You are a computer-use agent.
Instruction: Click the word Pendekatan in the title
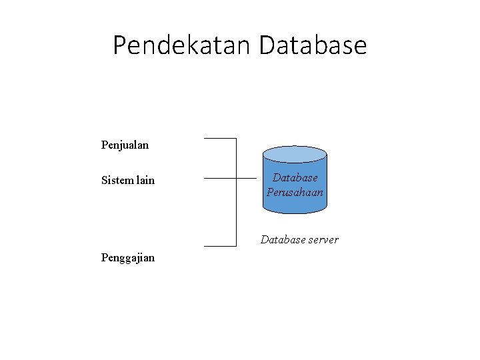[x=182, y=45]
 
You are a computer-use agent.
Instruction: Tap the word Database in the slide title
[x=312, y=45]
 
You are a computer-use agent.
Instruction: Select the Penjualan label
[x=125, y=145]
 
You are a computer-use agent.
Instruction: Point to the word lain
[x=145, y=180]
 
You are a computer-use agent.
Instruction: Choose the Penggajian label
[x=128, y=257]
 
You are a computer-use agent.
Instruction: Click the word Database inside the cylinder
[x=295, y=179]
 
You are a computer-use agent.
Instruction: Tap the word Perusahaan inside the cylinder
[x=295, y=193]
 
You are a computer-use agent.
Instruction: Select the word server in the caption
[x=321, y=239]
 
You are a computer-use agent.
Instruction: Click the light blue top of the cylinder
[x=295, y=155]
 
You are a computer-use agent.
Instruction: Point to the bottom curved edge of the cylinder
[x=295, y=213]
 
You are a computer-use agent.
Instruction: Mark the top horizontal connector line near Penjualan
[x=219, y=139]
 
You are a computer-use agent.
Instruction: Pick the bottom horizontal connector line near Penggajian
[x=219, y=246]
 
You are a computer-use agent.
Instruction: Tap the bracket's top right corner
[x=237, y=139]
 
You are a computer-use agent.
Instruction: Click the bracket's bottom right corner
[x=237, y=246]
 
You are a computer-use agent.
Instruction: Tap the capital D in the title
[x=266, y=45]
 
